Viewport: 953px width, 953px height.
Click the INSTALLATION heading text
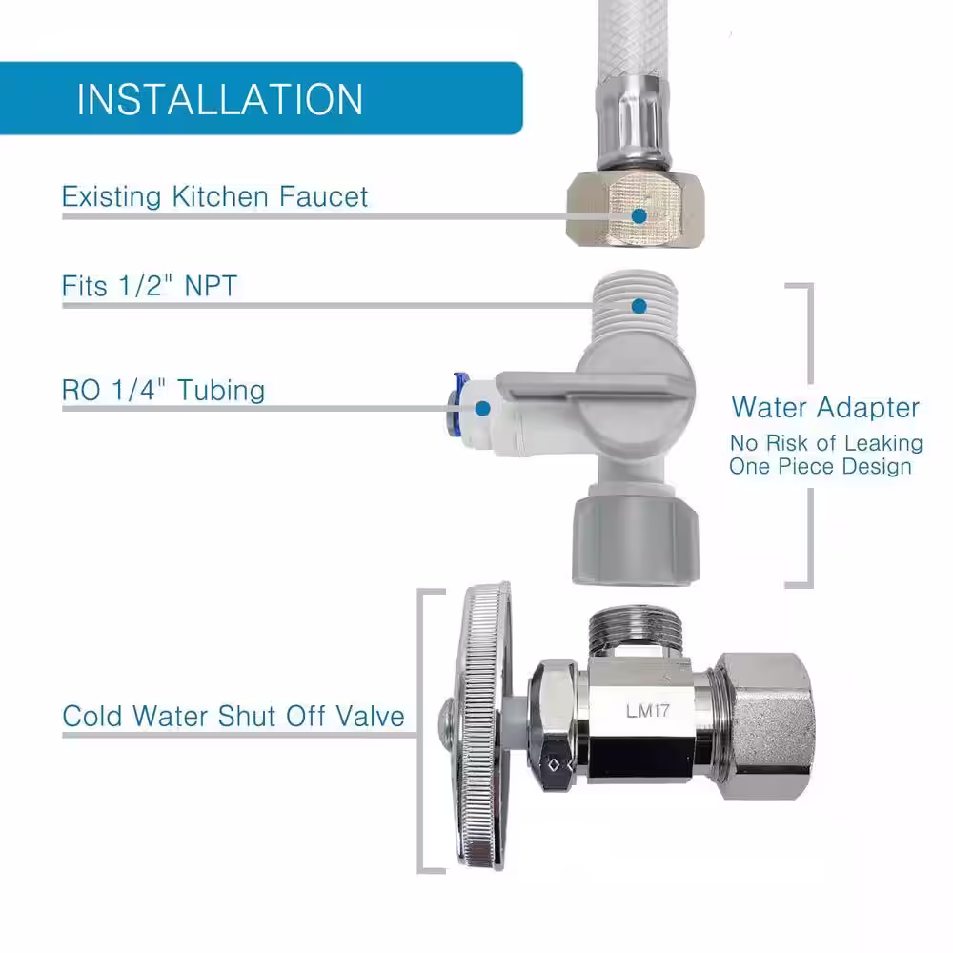(219, 99)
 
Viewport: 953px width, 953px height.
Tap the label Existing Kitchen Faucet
(214, 196)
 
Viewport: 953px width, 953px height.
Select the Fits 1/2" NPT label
(149, 286)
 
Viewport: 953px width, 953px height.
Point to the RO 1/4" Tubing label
(163, 390)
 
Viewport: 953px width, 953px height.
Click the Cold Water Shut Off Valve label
(233, 716)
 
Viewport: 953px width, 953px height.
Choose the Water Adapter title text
(825, 407)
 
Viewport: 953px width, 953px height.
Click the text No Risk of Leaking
(826, 443)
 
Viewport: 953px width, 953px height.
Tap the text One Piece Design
(821, 466)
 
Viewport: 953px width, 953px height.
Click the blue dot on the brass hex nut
(639, 215)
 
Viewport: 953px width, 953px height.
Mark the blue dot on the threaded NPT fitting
(639, 306)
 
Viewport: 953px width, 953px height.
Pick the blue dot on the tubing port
(482, 409)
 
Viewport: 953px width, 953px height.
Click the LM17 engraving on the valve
(647, 711)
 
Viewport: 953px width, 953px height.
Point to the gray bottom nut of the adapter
(636, 538)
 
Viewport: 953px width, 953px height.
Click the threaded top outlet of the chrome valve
(635, 631)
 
